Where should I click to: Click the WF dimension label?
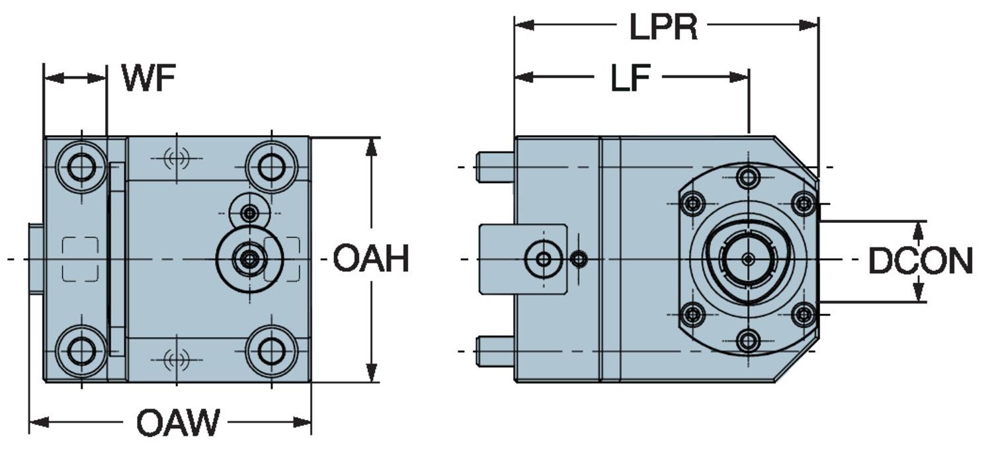point(149,79)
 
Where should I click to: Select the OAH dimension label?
point(370,259)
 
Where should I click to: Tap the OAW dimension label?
point(177,423)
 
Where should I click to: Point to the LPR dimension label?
point(663,27)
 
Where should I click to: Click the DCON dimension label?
point(920,262)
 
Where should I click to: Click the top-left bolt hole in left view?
point(81,167)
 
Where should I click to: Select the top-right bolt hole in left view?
point(271,167)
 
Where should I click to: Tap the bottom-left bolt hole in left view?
point(81,350)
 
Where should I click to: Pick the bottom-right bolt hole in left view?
point(271,350)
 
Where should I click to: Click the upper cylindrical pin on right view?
point(495,167)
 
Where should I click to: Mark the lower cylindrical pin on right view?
point(495,351)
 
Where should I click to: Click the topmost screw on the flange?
point(748,177)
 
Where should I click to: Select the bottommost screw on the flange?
point(748,341)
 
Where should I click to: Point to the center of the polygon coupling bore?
point(748,259)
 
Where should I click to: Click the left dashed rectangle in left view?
point(81,259)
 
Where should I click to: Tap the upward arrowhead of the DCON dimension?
point(918,229)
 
